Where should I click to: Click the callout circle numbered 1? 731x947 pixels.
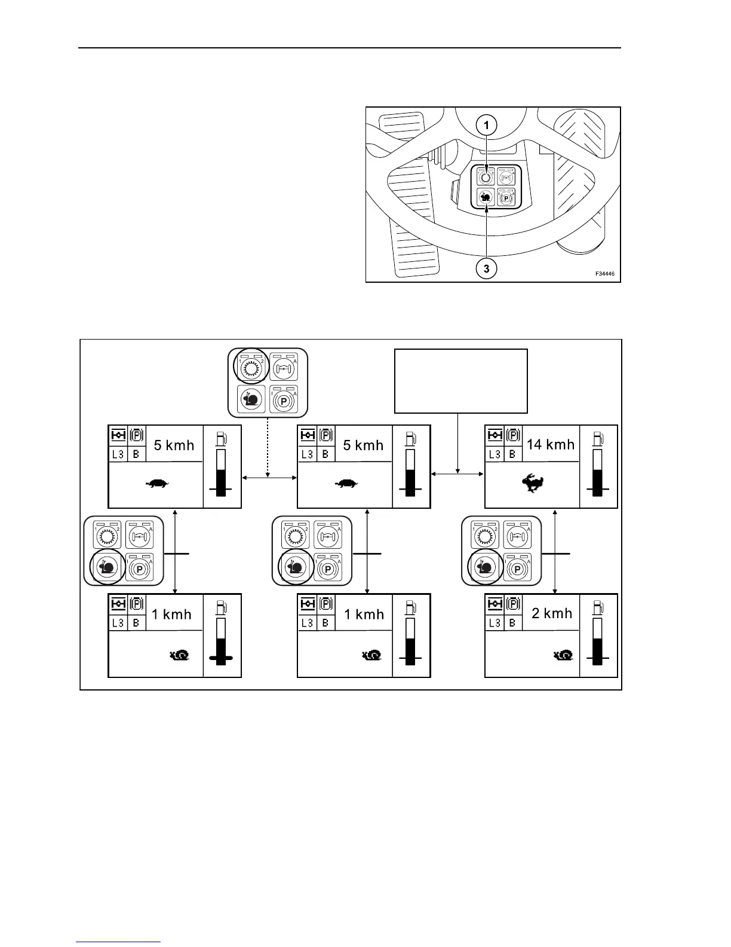coord(487,125)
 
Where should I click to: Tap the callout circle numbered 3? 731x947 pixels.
coord(487,269)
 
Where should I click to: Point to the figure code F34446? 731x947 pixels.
coord(604,274)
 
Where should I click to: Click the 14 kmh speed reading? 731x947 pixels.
coord(550,444)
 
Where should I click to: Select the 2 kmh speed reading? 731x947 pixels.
coord(552,613)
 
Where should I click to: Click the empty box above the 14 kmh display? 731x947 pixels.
coord(460,381)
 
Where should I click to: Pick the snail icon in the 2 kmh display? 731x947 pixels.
coord(564,655)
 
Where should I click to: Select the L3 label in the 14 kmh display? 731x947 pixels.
coord(494,454)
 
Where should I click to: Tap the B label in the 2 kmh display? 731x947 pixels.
coord(512,623)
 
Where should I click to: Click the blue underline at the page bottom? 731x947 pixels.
coord(118,942)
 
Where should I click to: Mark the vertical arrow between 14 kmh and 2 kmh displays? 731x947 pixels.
coord(556,551)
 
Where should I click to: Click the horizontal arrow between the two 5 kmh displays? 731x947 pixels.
coord(269,477)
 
